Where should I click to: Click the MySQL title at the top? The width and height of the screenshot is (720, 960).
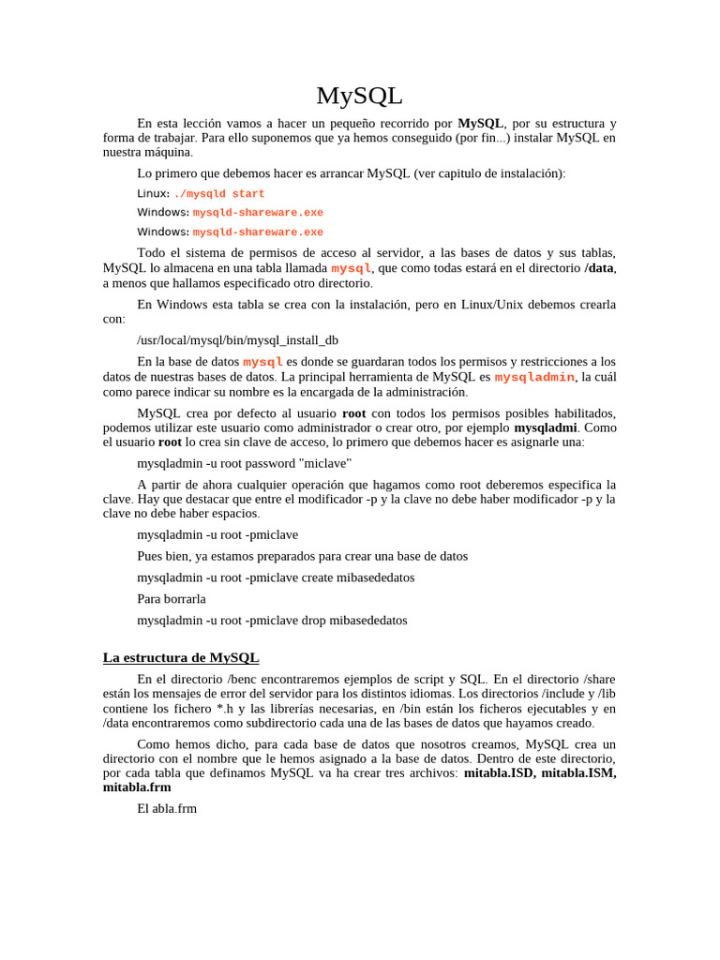(359, 96)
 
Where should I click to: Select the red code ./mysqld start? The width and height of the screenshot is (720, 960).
(219, 194)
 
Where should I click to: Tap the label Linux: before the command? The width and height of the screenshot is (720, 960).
(154, 194)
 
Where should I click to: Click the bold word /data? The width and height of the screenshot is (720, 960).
(599, 268)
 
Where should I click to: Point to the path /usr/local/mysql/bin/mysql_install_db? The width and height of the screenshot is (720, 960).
(238, 340)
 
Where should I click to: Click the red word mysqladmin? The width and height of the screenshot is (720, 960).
(534, 377)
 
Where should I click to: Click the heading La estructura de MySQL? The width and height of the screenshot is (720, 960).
(181, 658)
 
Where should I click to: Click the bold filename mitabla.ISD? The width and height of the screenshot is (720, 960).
(499, 773)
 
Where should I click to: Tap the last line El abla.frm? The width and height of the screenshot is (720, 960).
(167, 808)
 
